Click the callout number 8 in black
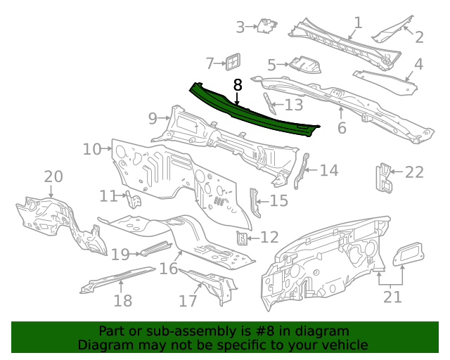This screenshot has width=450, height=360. pos(238,85)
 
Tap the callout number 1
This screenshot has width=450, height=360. pos(358,22)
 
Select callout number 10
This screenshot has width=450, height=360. pos(92,149)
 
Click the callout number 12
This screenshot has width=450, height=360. pos(269,238)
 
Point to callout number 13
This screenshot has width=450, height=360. pos(293,105)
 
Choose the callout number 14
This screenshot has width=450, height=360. pos(329,170)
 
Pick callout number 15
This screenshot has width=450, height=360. pos(279,201)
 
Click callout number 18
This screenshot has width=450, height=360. pos(122,301)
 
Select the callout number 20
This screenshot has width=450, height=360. pos(53,176)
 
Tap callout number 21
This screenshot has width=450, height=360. pos(392,297)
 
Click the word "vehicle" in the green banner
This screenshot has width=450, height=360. pos(345,345)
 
